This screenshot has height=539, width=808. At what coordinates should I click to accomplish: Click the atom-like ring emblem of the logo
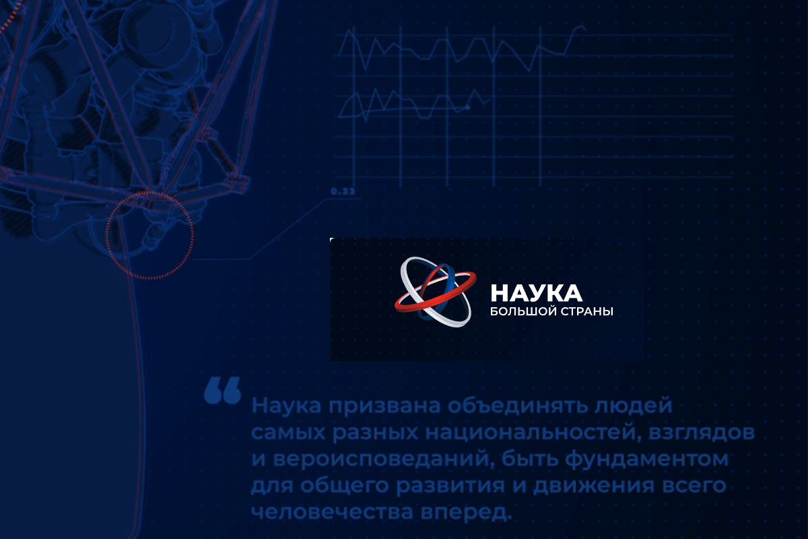click(435, 292)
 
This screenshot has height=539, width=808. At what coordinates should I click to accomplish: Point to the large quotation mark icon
click(222, 390)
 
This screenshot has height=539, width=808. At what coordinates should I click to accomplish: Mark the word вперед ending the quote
click(472, 511)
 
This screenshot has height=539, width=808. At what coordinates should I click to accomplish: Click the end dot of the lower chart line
click(468, 107)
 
